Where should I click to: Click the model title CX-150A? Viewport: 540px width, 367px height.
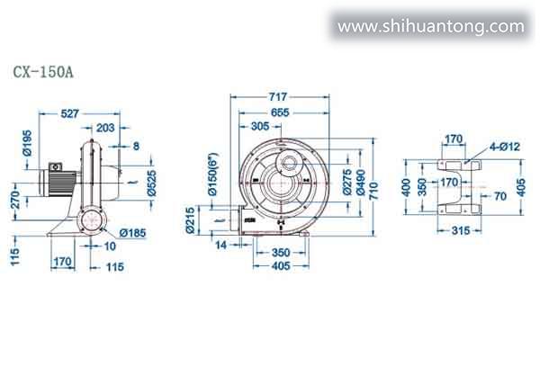coord(43,72)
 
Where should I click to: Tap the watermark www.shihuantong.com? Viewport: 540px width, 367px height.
coord(431,27)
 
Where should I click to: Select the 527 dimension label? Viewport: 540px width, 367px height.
coord(70,113)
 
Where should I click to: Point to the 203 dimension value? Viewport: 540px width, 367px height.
coord(105,128)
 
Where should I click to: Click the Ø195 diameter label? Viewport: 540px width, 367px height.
coord(27,143)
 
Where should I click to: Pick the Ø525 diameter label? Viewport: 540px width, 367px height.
coord(151,183)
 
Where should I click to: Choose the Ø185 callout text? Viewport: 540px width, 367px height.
coord(132,233)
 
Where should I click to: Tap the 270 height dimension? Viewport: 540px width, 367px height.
coord(15,200)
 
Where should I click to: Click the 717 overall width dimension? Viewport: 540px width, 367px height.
coord(277,97)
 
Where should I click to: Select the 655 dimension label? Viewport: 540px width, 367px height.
coord(280,112)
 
